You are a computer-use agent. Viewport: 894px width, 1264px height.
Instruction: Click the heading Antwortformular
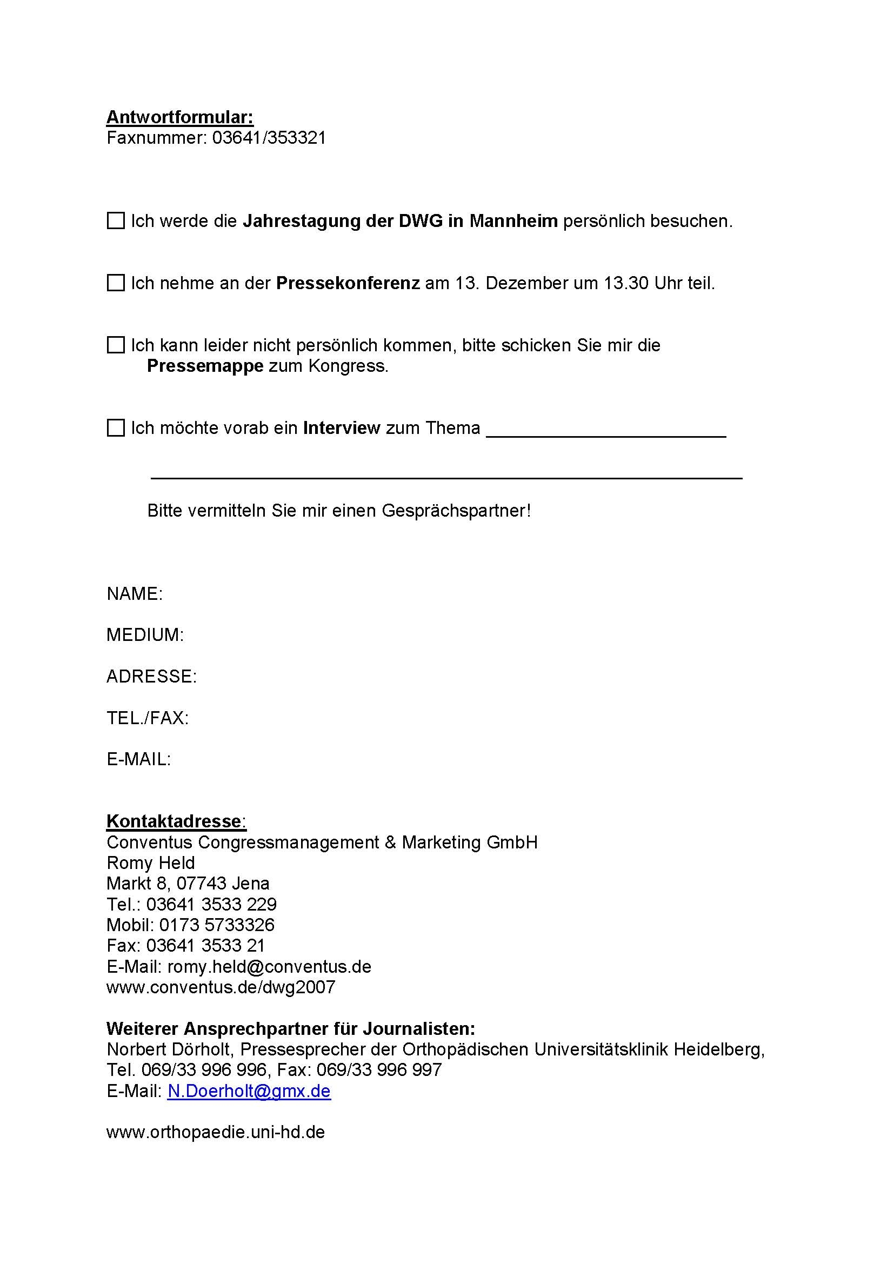(x=179, y=117)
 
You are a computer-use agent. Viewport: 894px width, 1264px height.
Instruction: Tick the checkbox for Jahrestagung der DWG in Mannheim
(x=116, y=221)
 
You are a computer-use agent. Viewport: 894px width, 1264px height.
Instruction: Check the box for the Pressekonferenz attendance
(x=116, y=283)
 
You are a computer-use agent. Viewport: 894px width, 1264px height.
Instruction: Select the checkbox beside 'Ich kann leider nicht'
(x=116, y=345)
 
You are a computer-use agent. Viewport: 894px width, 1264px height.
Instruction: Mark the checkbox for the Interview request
(x=116, y=428)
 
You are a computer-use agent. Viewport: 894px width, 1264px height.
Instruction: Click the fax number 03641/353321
(x=269, y=138)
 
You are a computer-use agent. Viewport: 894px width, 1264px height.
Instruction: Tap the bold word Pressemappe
(x=205, y=366)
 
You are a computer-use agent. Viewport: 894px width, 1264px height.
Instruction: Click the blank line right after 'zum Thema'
(x=605, y=432)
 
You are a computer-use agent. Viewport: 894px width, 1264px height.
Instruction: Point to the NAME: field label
(x=135, y=594)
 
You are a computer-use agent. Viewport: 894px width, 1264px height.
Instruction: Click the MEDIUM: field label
(x=145, y=636)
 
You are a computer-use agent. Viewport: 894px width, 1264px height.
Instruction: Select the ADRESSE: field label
(x=151, y=677)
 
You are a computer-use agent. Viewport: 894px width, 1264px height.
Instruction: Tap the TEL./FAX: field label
(x=148, y=718)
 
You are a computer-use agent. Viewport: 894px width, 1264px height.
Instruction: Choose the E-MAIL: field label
(x=139, y=760)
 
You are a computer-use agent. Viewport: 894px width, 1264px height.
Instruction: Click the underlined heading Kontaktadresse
(x=174, y=821)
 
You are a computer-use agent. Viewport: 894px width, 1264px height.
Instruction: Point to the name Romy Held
(x=150, y=862)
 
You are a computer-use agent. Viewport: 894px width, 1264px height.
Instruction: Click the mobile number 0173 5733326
(x=217, y=925)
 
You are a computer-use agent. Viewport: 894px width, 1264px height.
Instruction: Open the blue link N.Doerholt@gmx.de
(x=249, y=1091)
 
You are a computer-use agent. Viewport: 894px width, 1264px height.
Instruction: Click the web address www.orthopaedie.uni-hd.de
(x=215, y=1133)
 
